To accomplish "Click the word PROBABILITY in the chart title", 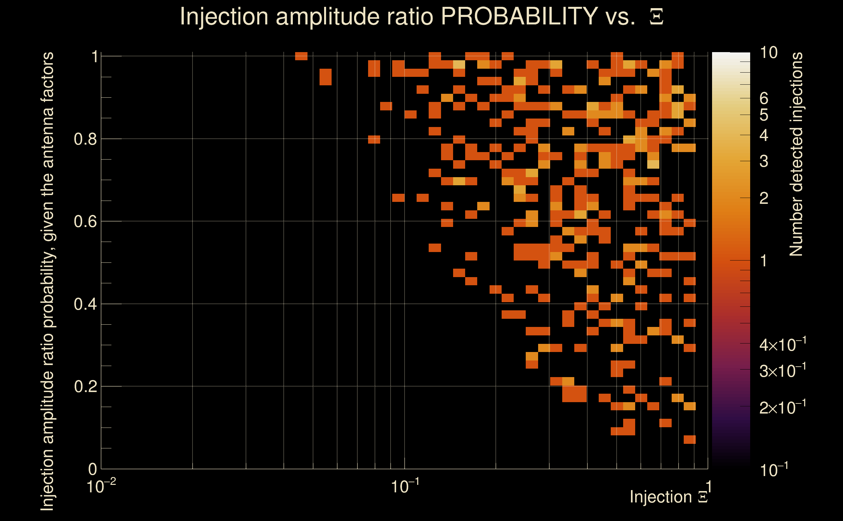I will click(519, 16).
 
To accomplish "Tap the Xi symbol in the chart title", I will click(656, 17).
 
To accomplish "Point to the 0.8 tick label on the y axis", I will click(85, 139).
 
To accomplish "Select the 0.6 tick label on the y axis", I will click(85, 221).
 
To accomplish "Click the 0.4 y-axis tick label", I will click(85, 304).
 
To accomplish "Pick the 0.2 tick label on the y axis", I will click(85, 387).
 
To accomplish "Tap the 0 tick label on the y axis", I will click(93, 469).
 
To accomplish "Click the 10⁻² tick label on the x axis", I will click(101, 486).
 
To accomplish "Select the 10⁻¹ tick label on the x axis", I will click(405, 486).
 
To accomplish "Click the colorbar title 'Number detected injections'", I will click(796, 154).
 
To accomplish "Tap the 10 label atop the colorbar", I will click(768, 53).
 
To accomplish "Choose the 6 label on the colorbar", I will click(764, 99).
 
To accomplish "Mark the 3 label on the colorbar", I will click(764, 161).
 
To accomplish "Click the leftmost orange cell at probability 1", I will click(301, 56).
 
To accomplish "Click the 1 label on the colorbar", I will click(764, 261).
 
